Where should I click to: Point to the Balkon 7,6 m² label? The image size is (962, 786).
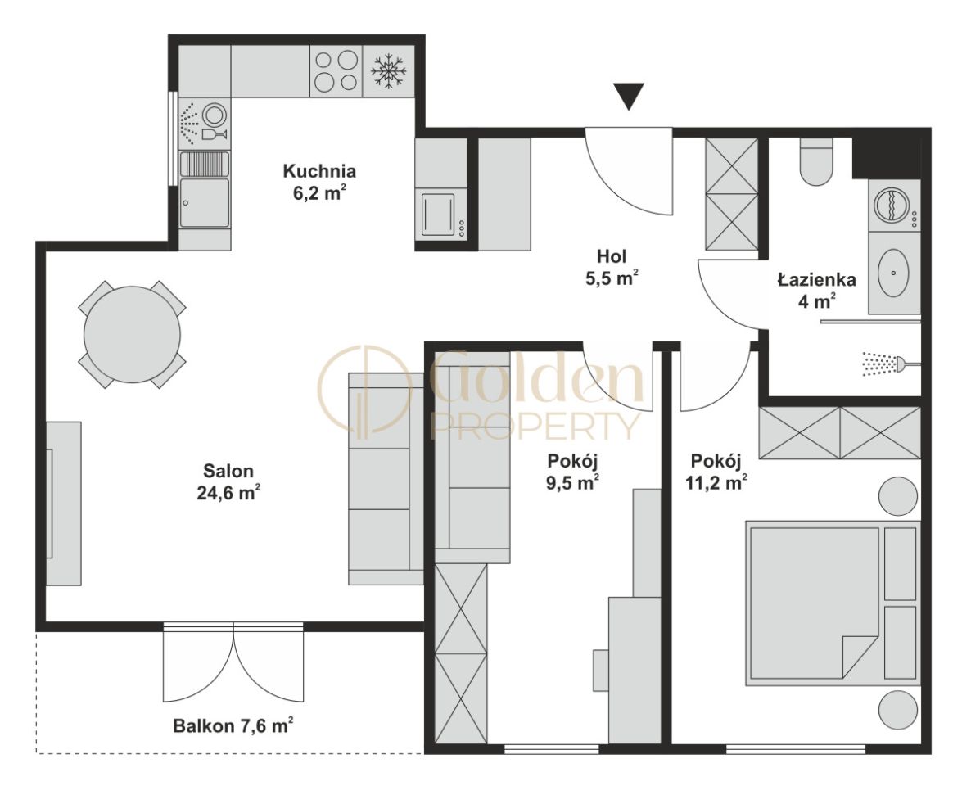(x=233, y=726)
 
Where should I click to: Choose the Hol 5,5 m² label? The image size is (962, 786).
(x=612, y=266)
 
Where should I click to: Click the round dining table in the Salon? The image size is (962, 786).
(x=132, y=334)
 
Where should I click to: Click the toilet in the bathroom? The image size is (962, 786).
(x=816, y=161)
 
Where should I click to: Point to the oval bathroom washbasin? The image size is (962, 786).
(x=893, y=271)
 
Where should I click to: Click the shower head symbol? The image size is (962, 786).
(x=883, y=364)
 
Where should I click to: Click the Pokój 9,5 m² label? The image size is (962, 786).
(x=572, y=472)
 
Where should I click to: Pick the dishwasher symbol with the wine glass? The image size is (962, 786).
(x=205, y=123)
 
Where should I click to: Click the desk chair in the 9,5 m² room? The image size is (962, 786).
(x=600, y=670)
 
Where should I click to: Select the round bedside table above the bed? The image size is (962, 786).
(x=898, y=496)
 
